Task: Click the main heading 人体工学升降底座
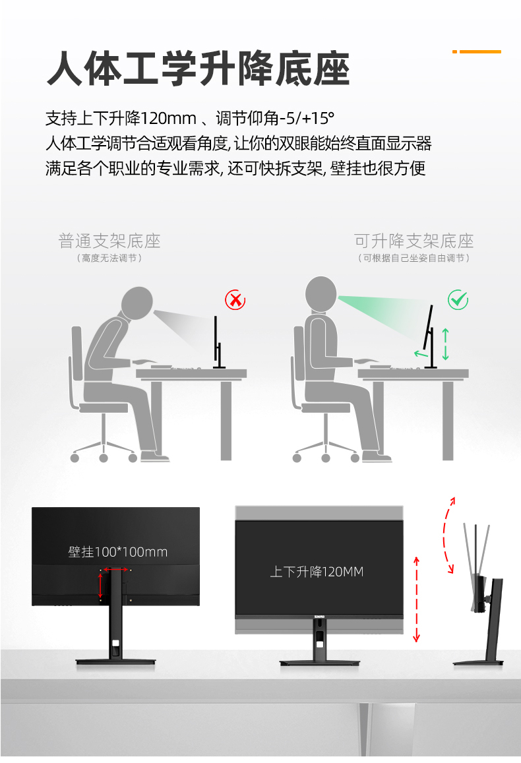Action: point(198,69)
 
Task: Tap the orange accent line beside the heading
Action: point(477,51)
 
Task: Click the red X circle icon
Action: point(235,300)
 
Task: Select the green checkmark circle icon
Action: point(458,300)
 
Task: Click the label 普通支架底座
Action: point(109,241)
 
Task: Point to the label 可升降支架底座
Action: point(414,241)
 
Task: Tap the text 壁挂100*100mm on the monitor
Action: point(118,552)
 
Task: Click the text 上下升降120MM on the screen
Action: point(317,572)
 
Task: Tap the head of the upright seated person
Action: point(321,293)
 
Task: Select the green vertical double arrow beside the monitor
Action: point(446,344)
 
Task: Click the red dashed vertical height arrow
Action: point(416,599)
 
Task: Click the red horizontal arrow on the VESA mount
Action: point(116,569)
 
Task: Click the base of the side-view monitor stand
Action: point(478,662)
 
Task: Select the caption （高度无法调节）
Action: point(109,258)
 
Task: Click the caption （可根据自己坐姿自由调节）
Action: point(414,258)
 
